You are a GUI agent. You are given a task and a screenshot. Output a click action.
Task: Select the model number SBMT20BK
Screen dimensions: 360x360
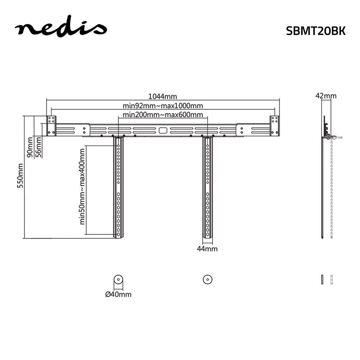click(316, 31)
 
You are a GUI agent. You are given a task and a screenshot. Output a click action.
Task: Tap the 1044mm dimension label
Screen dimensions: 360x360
click(163, 96)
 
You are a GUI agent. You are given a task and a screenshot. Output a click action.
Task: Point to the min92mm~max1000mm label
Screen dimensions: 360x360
click(163, 106)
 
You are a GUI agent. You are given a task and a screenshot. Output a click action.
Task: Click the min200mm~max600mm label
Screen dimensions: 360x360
click(163, 115)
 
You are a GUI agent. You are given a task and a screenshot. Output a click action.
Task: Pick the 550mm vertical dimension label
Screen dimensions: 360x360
click(20, 175)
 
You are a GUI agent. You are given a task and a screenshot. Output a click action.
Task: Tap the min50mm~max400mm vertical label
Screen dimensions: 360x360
click(82, 187)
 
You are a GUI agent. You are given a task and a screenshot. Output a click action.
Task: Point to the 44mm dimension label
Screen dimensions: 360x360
click(207, 249)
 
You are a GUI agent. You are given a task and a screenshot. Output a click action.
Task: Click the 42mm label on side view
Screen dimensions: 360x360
click(326, 96)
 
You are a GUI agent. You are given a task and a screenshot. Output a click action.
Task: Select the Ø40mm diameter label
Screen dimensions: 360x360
click(118, 294)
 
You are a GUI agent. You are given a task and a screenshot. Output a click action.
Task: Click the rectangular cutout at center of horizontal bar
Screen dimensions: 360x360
click(163, 130)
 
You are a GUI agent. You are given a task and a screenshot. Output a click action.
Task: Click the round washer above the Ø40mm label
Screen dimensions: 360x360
click(118, 280)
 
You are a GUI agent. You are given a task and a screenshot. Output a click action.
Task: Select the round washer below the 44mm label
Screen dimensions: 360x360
click(207, 279)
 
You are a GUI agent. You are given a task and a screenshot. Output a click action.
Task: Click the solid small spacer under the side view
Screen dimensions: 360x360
click(322, 279)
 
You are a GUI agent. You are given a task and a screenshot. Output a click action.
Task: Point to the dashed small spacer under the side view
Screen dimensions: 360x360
click(331, 279)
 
